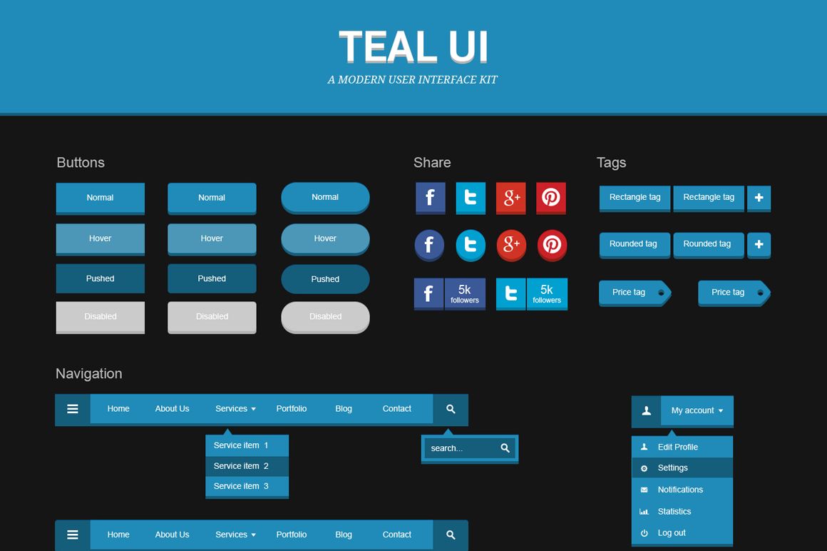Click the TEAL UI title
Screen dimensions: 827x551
pyautogui.click(x=413, y=46)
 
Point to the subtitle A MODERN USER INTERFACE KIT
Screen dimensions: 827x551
pyautogui.click(x=413, y=80)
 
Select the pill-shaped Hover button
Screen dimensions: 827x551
pyautogui.click(x=325, y=239)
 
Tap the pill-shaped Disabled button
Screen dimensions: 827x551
pyautogui.click(x=325, y=317)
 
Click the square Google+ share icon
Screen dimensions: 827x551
pyautogui.click(x=510, y=198)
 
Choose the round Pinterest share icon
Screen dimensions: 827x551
pyautogui.click(x=552, y=246)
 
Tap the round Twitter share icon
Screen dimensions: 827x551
pyautogui.click(x=471, y=246)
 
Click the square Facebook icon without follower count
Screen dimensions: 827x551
pyautogui.click(x=431, y=198)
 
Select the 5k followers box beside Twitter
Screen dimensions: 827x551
pyautogui.click(x=547, y=293)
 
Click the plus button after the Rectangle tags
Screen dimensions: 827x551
pyautogui.click(x=759, y=198)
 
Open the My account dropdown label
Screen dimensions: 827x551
pyautogui.click(x=697, y=410)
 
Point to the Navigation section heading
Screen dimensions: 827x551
pyautogui.click(x=88, y=374)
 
